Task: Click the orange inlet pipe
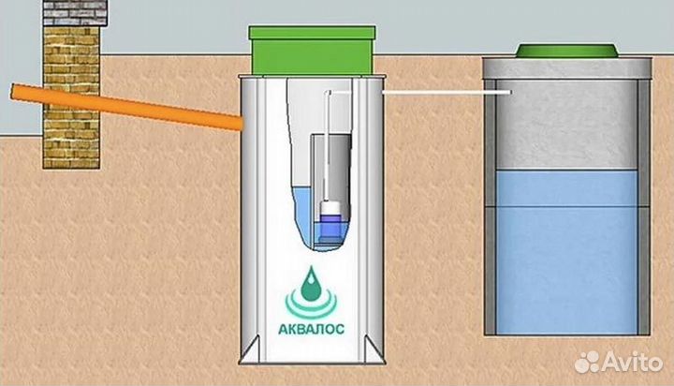[x=122, y=105]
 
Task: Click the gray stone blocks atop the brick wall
[x=71, y=13]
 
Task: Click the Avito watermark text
[x=631, y=361]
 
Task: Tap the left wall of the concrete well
[x=488, y=206]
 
